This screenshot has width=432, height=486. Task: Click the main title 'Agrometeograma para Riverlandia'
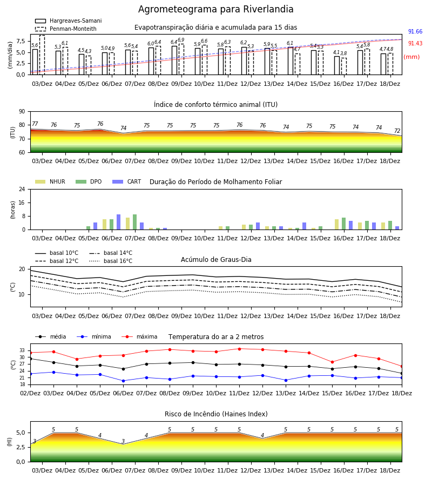coord(215,9)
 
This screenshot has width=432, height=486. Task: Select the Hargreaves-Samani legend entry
coord(68,21)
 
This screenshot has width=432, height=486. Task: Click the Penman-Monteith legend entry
coord(66,29)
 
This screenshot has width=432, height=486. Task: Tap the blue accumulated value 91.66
coord(415,32)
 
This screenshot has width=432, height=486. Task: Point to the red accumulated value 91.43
coord(415,43)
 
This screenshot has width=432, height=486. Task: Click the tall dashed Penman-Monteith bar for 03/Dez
coord(42,55)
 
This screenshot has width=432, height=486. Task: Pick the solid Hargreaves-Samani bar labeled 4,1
coord(337,65)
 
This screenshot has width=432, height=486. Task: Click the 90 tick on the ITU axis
coord(22,112)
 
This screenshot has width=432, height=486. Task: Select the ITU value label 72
coord(397,131)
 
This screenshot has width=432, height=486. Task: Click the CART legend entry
coord(127,181)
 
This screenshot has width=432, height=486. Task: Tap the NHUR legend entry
coord(50,181)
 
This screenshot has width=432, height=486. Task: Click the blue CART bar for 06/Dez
coord(118,222)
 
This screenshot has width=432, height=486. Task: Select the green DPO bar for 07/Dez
coord(135,222)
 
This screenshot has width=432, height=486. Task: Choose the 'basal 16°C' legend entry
coord(111,261)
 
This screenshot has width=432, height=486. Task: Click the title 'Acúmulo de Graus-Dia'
coord(216,259)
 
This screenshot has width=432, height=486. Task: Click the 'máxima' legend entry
coord(140,336)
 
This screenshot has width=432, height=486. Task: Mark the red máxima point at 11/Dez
coord(239,349)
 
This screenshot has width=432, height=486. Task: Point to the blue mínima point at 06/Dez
coord(123,381)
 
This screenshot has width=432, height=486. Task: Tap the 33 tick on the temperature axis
coord(22,350)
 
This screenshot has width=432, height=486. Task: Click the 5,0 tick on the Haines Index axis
coord(21,433)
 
